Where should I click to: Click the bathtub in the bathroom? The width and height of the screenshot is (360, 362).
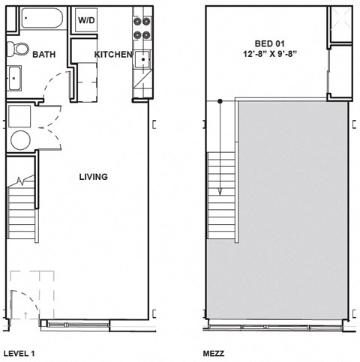click(41, 18)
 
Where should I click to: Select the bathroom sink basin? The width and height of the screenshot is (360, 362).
click(15, 76)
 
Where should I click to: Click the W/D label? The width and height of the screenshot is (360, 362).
click(87, 19)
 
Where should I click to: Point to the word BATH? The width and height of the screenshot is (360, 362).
click(44, 54)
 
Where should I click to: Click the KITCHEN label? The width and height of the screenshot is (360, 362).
click(113, 55)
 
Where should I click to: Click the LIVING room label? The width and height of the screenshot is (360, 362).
click(94, 177)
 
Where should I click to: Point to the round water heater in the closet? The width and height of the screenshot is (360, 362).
click(19, 140)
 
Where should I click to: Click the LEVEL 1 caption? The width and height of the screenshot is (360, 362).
click(19, 352)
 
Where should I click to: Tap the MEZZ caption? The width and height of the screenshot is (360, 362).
click(214, 352)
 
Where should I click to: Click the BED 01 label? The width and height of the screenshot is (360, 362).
click(270, 43)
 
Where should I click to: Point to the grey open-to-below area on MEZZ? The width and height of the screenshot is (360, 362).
click(292, 217)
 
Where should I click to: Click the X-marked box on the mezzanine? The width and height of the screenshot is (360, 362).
click(341, 26)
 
